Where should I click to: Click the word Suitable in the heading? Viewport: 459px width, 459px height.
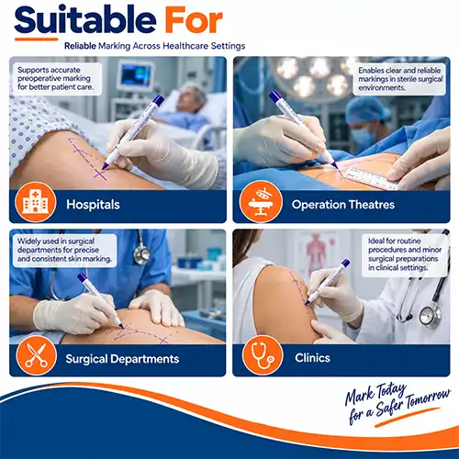pos(85,19)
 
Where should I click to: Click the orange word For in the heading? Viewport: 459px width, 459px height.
pos(194,20)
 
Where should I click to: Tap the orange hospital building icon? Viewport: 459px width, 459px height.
pos(36,202)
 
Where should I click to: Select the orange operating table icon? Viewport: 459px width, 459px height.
pos(261,202)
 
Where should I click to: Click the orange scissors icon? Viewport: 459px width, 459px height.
pos(37,355)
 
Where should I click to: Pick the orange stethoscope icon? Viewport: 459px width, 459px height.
pos(263,355)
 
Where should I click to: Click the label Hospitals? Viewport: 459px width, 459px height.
pos(93,205)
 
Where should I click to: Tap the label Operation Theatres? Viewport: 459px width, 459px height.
pos(343,205)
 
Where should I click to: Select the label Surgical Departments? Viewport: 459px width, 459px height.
pos(122,359)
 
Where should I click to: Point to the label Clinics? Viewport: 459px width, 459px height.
pos(312,358)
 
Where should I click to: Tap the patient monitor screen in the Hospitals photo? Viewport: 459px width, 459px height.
pos(136,75)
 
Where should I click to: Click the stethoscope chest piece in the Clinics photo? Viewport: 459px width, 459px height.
pos(431,316)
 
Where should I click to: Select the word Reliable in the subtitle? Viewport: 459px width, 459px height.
pos(80,46)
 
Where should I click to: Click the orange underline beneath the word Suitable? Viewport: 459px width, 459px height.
pos(36,39)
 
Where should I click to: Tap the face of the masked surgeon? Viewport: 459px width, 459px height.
pos(363,132)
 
